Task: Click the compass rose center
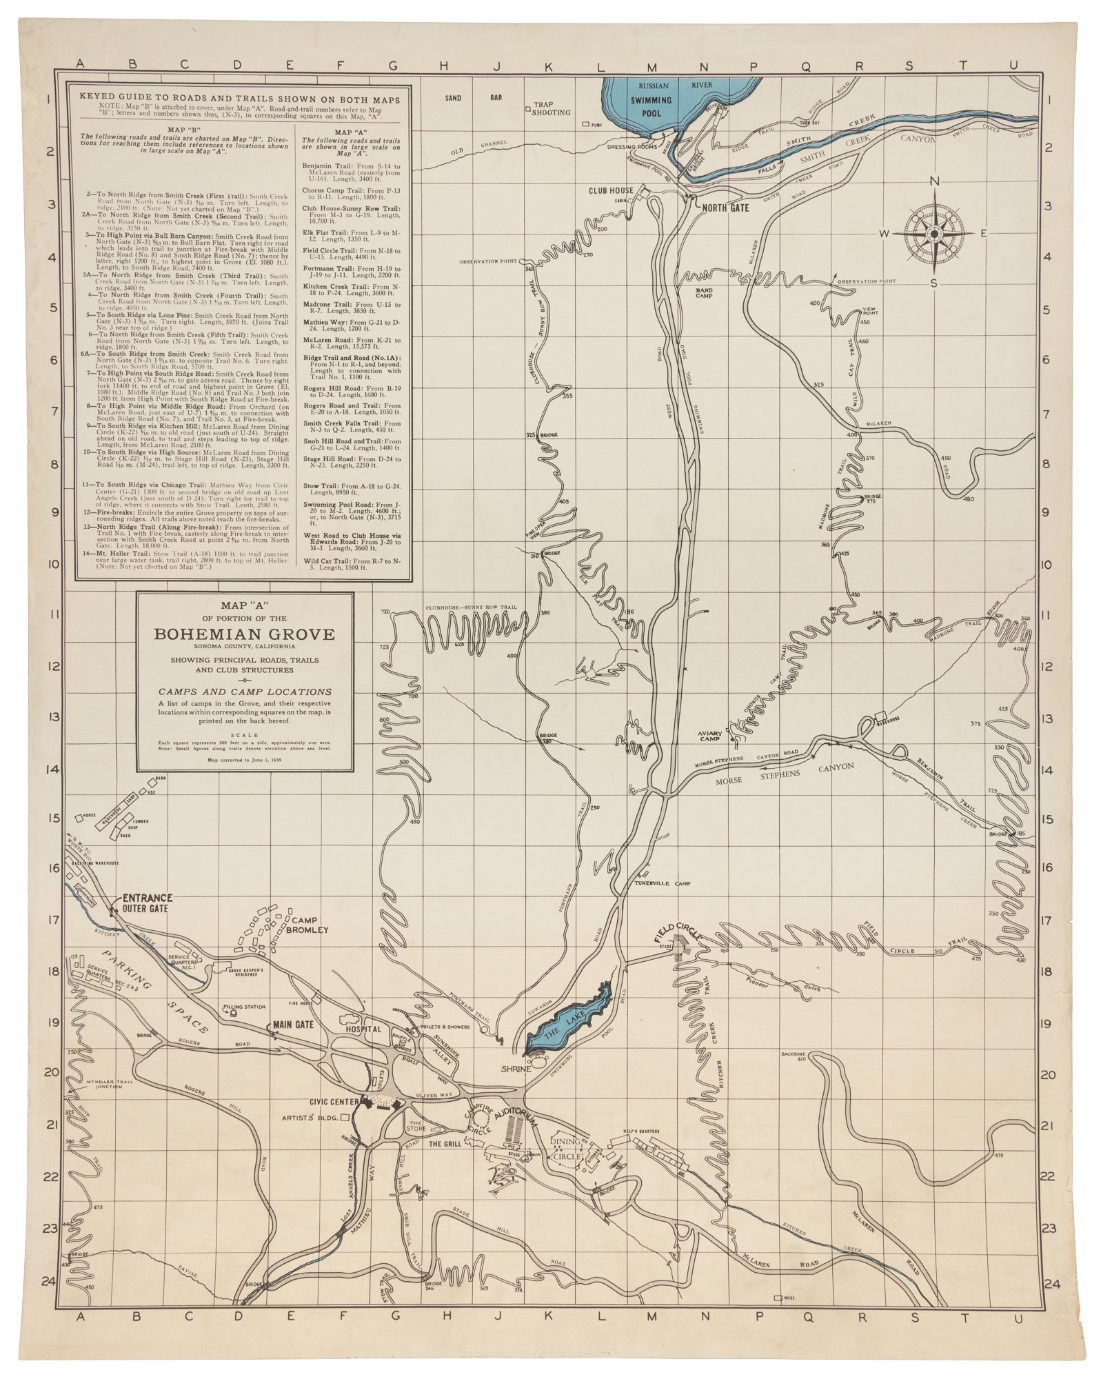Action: pyautogui.click(x=934, y=234)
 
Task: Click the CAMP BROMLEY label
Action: pyautogui.click(x=309, y=925)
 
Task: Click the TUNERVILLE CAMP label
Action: pyautogui.click(x=663, y=883)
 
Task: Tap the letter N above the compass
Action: pyautogui.click(x=935, y=181)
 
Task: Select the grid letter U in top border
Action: pyautogui.click(x=1013, y=66)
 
